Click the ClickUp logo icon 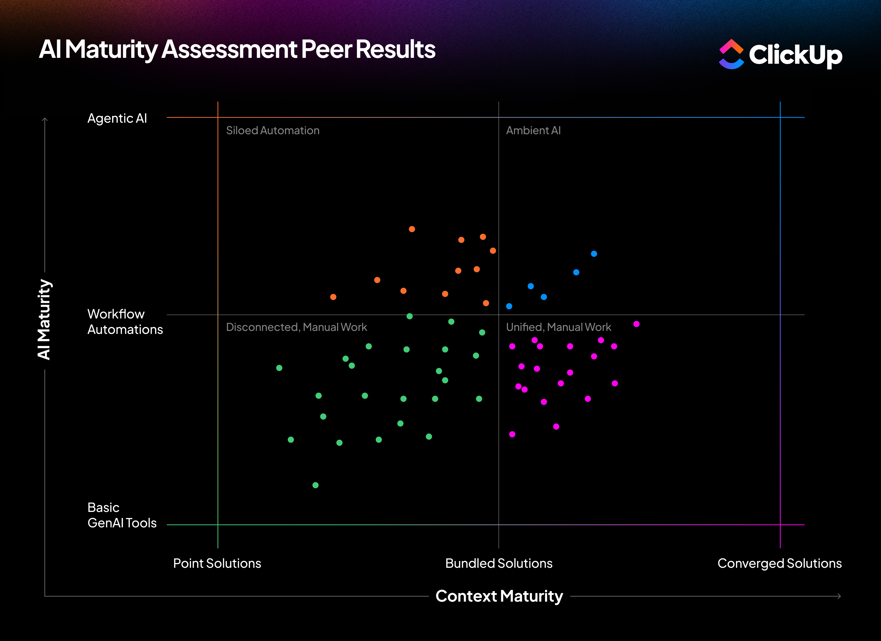pos(731,55)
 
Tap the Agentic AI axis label pos(117,118)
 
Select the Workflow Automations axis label pos(125,322)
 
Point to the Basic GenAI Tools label pos(122,515)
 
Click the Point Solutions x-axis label pos(217,563)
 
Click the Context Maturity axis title pos(499,596)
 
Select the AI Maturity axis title pos(44,319)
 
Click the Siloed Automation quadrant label pos(273,131)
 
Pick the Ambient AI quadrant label pos(533,131)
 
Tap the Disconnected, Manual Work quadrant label pos(296,327)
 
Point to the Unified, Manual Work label pos(558,327)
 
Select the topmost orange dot pos(412,229)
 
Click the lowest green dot pos(316,485)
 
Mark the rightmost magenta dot pos(636,324)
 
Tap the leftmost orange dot pos(333,297)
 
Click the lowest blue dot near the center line pos(509,306)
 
